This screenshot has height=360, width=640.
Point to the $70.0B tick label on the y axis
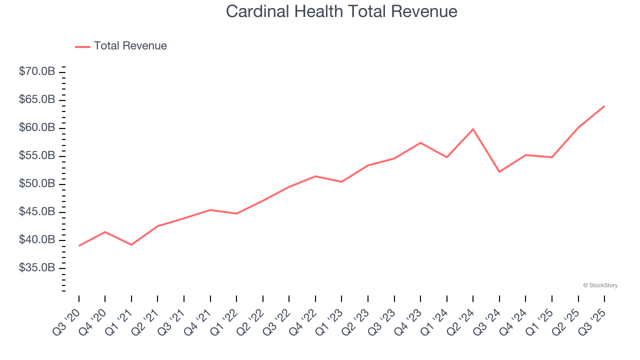(x=37, y=72)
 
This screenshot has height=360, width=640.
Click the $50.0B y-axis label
(x=37, y=184)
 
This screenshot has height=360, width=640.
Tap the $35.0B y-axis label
(x=37, y=268)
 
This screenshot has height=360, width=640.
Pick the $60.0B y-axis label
(x=37, y=128)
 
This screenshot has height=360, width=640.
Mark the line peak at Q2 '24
(x=473, y=129)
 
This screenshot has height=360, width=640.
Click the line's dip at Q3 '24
(x=499, y=172)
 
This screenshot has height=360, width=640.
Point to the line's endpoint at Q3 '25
(x=604, y=106)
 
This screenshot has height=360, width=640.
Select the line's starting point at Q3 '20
(x=79, y=245)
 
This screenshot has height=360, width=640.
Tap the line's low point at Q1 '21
(x=131, y=244)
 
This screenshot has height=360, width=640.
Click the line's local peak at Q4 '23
(x=420, y=143)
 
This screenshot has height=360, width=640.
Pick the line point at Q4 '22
(x=315, y=176)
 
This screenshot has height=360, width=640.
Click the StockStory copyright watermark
(x=600, y=285)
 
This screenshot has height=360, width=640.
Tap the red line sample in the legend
(x=82, y=46)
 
